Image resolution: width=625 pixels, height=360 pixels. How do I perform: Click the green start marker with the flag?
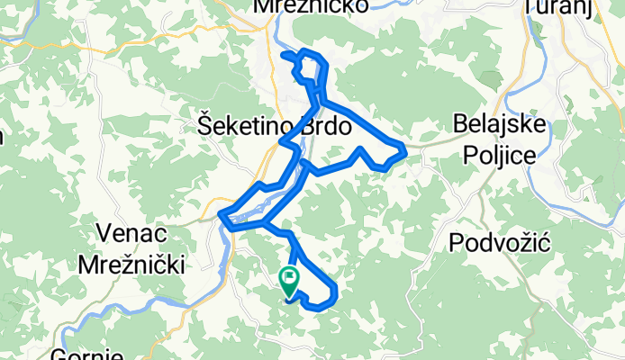(290, 281)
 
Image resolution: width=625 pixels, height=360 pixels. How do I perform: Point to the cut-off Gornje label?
(86, 354)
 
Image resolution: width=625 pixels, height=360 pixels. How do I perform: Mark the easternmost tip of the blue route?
(408, 152)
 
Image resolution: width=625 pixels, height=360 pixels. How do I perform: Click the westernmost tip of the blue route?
(221, 215)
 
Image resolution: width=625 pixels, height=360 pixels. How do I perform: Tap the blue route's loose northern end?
(285, 55)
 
